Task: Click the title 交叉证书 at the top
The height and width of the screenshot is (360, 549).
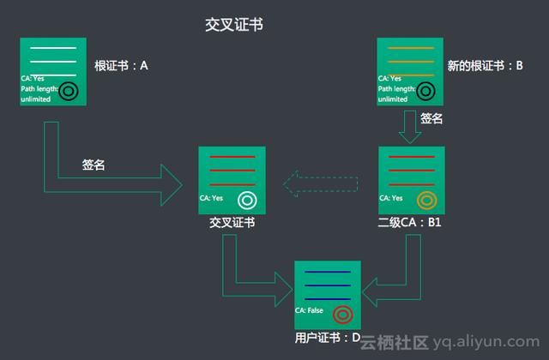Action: coord(234,25)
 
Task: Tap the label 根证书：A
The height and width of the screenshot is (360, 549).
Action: coord(121,65)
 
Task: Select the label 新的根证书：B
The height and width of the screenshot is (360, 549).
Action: coord(485,65)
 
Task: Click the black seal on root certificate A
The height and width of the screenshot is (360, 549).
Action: coord(69,92)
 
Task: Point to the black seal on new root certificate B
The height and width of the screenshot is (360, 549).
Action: coord(425,92)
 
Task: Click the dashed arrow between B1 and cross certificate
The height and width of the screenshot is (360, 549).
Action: coord(321,184)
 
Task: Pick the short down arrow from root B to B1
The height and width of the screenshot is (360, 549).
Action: coord(410,127)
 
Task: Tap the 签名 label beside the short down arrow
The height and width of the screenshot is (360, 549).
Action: coord(431,118)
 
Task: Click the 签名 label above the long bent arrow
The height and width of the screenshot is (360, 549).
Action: coord(94,165)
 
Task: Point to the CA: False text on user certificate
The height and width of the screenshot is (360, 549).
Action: coord(309,310)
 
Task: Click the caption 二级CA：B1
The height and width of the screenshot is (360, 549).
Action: coord(409,222)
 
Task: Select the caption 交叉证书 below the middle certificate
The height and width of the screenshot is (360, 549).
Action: coord(232,222)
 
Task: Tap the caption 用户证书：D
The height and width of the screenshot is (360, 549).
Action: coord(328,338)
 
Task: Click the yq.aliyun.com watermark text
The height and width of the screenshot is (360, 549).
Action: coord(486,341)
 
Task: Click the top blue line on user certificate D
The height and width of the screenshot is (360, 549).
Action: coord(328,272)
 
